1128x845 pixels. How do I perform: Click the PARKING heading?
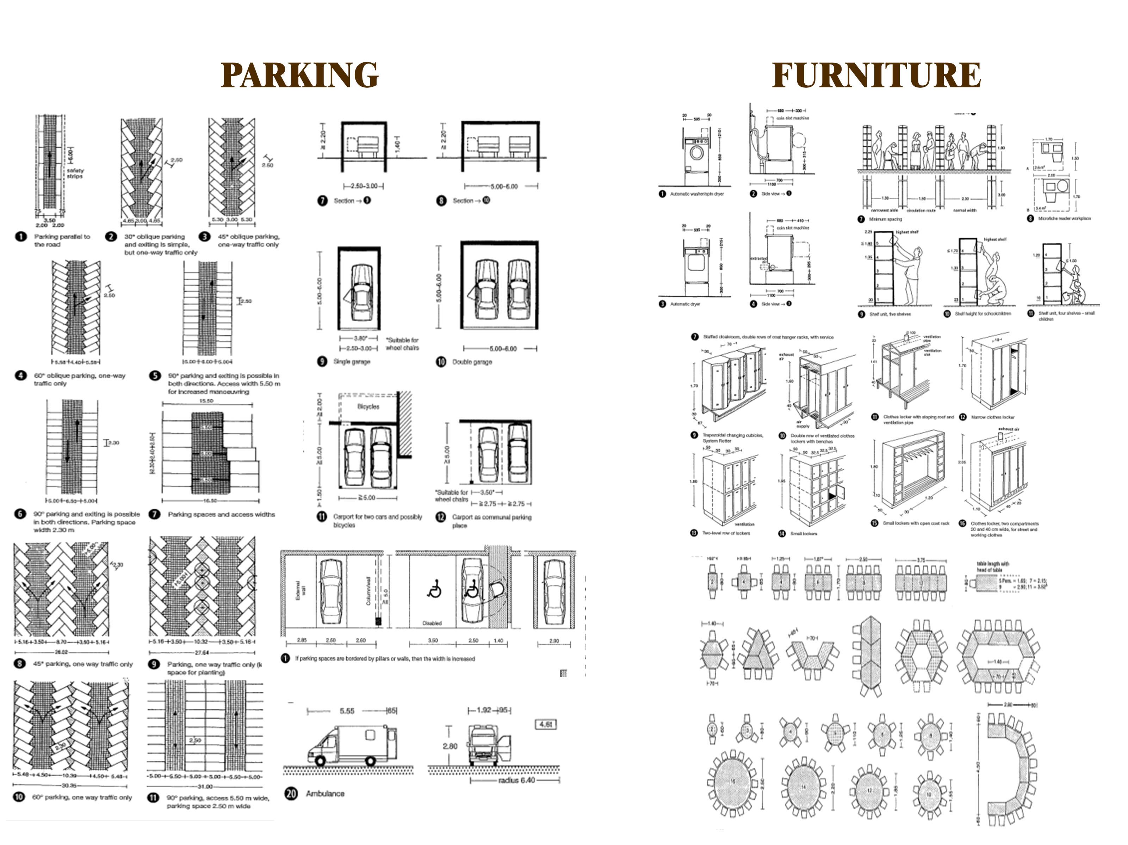coord(299,75)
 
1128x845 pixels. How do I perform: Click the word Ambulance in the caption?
coord(325,794)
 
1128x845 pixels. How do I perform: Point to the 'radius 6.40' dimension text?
coord(516,780)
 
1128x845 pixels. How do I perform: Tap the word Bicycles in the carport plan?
coord(368,407)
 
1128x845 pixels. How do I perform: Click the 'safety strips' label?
coord(75,173)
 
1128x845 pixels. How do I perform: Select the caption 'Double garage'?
coord(472,362)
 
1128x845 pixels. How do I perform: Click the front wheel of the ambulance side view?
coord(320,761)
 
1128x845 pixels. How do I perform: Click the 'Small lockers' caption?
coord(804,534)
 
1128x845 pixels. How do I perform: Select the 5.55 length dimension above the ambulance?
coord(347,711)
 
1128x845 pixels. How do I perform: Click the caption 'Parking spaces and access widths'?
coord(221,514)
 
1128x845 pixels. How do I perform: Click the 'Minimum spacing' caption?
coord(886,219)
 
